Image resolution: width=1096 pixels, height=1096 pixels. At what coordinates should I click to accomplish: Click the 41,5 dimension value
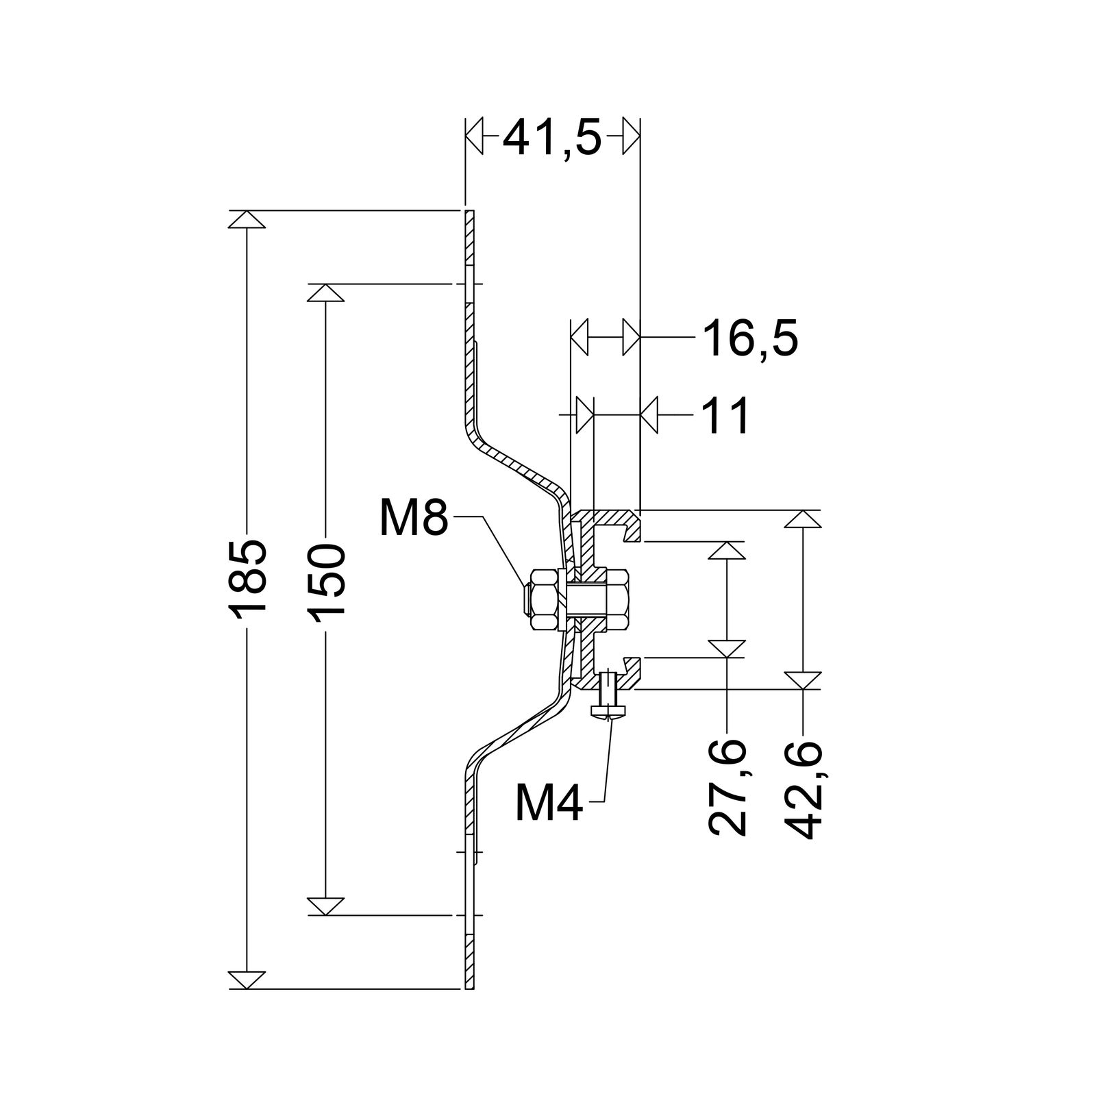552,139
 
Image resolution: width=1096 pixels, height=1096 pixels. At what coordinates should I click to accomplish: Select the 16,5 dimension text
749,338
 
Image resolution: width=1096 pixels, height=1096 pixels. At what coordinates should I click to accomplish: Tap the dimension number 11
725,415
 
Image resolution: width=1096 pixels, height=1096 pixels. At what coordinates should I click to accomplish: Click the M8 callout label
414,518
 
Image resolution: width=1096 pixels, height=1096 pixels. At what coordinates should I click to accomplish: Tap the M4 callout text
549,804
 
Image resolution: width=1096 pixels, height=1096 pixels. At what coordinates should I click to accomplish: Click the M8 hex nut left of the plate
543,600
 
